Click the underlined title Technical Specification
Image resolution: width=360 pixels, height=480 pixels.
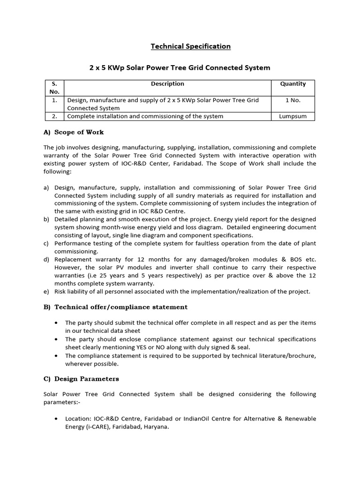[190, 46]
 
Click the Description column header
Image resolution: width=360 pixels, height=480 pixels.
[167, 84]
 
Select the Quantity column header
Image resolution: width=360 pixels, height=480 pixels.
[293, 84]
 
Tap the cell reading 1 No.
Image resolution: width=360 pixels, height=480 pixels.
[293, 100]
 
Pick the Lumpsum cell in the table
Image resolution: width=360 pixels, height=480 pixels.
[293, 116]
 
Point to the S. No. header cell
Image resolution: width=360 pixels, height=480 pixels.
[54, 88]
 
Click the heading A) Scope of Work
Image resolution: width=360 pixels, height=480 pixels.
[74, 132]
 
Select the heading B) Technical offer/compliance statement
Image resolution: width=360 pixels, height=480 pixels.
[115, 307]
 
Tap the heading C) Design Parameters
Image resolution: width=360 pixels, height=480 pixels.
[81, 379]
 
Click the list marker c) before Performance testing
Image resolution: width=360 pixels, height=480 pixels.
[46, 244]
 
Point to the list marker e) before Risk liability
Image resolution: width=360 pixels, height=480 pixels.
[46, 292]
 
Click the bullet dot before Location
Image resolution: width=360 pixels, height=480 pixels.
[56, 419]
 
